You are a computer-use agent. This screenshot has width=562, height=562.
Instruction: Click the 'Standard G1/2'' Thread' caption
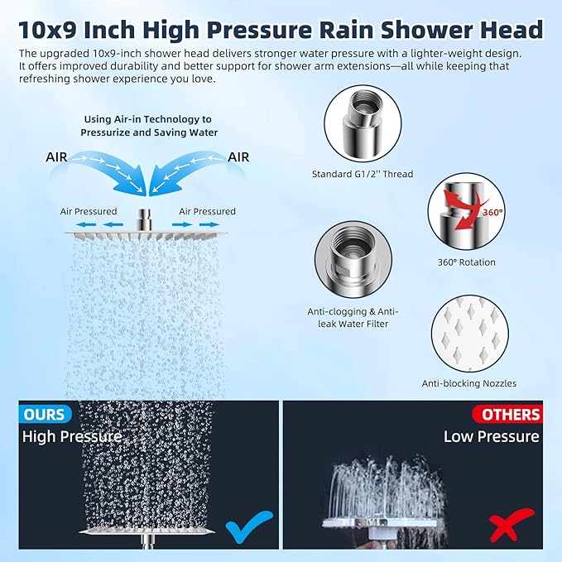362,174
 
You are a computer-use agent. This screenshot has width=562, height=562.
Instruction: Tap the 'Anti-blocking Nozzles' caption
468,383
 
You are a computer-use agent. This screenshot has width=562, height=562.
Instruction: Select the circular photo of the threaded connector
362,124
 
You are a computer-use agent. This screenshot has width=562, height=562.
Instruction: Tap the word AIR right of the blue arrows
239,156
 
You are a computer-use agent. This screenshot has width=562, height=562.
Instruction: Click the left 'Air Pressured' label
89,211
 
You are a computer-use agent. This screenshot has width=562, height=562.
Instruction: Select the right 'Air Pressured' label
208,211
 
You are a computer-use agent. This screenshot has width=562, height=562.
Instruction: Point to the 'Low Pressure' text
491,436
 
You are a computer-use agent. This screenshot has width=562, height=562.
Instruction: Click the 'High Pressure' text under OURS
72,436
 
